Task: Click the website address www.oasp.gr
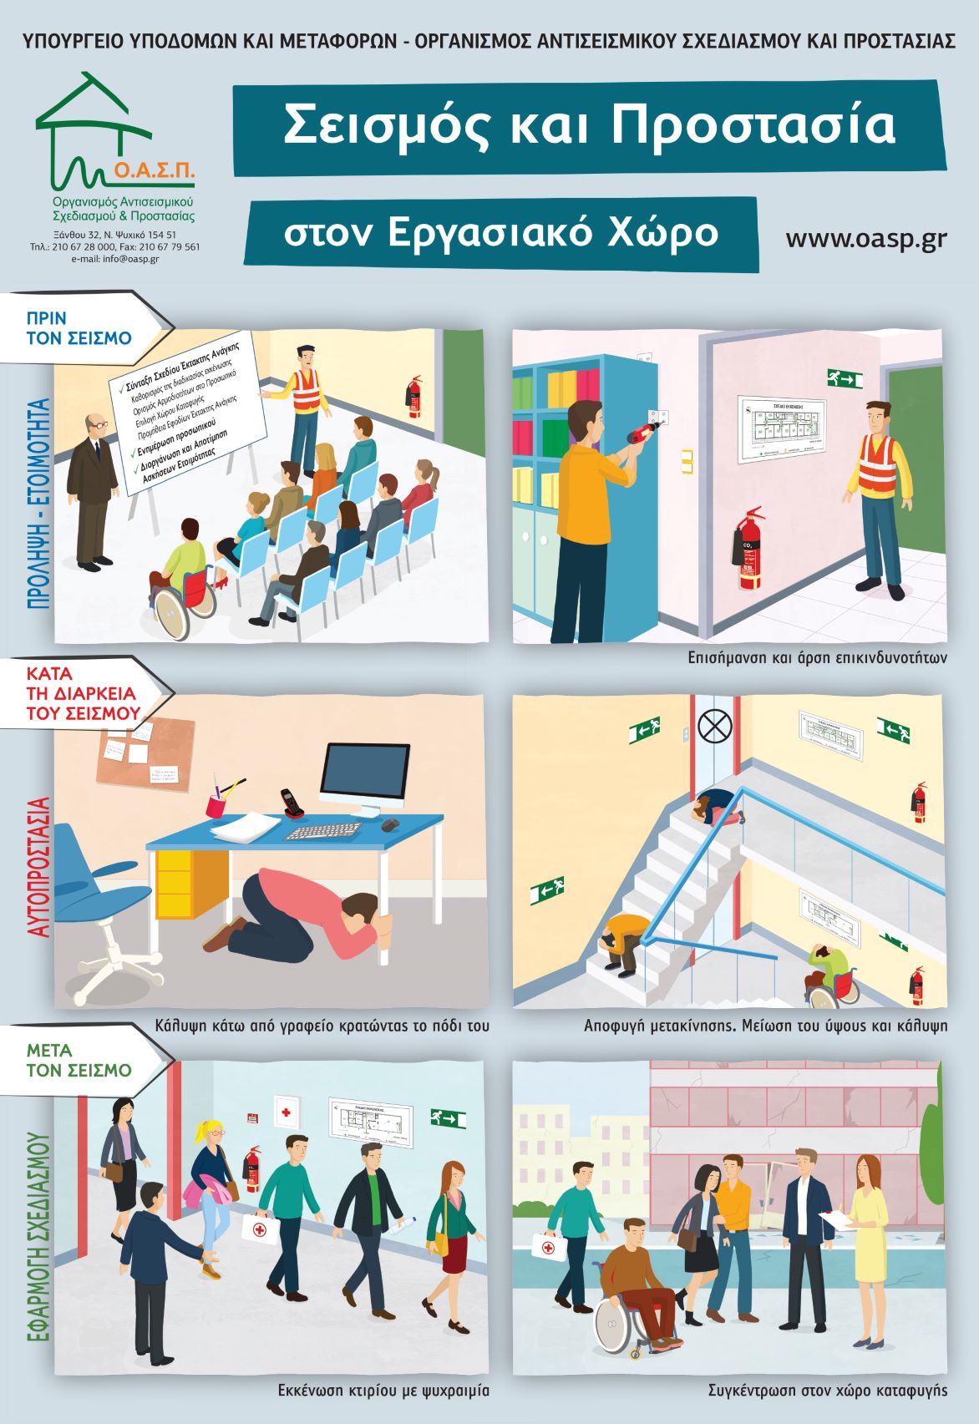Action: tap(865, 238)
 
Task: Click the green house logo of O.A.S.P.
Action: tap(92, 125)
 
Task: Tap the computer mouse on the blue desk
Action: tap(390, 825)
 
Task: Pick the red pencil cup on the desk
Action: tap(217, 805)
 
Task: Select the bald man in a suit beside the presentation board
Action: tap(91, 489)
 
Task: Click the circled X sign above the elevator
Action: tap(714, 726)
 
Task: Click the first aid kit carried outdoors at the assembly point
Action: tap(548, 1247)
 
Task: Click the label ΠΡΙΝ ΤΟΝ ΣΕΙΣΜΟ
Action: tap(79, 328)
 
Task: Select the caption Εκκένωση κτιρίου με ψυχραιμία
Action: tap(383, 1391)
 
